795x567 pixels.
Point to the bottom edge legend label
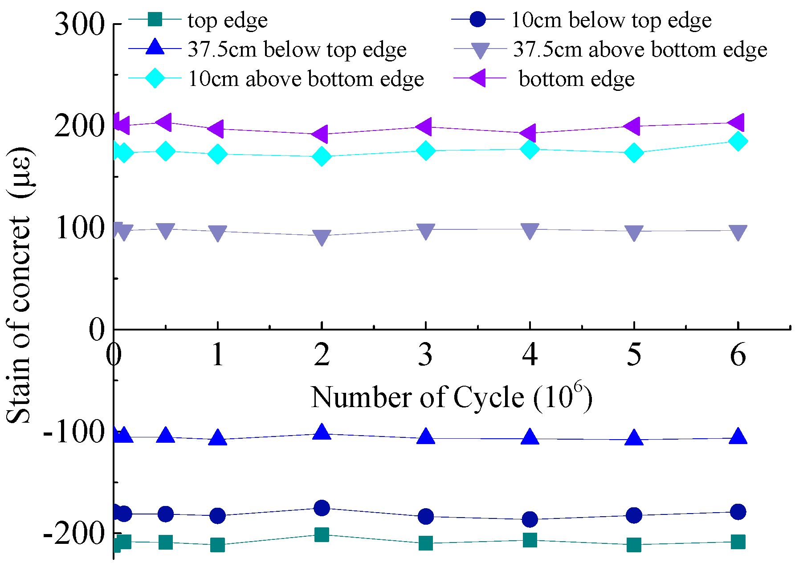click(x=576, y=79)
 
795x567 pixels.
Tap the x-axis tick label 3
click(x=426, y=355)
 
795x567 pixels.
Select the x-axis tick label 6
click(x=738, y=355)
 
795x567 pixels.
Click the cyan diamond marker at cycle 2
click(x=322, y=156)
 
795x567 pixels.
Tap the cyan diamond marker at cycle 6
click(x=738, y=141)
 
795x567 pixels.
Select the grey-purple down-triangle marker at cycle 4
click(x=530, y=231)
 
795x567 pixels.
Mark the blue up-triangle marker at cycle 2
click(x=322, y=432)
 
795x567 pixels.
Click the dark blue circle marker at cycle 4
click(x=530, y=519)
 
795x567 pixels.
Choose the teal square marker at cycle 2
click(x=322, y=534)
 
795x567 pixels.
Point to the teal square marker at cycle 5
click(x=634, y=544)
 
